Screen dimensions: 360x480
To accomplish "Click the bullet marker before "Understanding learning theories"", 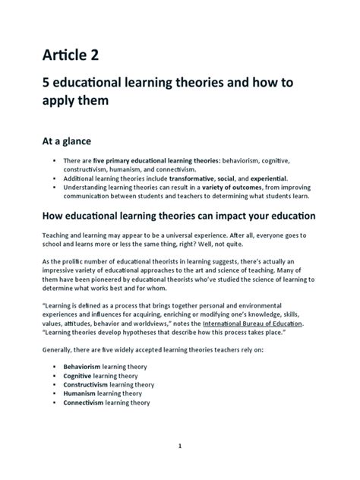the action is (56, 186).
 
